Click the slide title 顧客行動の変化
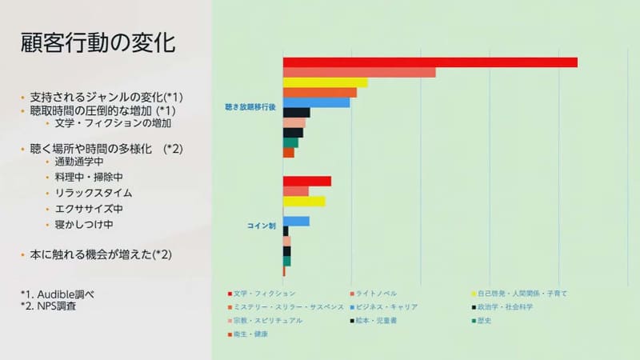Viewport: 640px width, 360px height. pos(98,43)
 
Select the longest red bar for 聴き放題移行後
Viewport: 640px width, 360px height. pos(430,62)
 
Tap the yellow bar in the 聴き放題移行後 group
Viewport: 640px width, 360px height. pos(325,82)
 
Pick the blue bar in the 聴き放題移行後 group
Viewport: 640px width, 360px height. pos(316,102)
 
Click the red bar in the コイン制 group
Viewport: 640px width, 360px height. pos(306,181)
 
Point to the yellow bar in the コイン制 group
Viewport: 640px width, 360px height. pos(304,201)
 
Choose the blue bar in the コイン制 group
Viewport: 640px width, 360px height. pos(296,221)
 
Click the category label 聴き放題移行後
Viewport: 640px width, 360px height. pos(250,106)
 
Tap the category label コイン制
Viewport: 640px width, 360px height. pos(261,226)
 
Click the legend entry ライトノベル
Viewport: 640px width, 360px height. pos(376,294)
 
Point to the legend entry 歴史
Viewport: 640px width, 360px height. pos(495,320)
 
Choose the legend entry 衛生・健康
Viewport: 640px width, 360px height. pos(250,334)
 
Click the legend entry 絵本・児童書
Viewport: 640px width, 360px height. pos(376,320)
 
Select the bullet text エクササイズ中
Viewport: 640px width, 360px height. pos(89,209)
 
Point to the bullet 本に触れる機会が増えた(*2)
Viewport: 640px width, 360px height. pos(101,254)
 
